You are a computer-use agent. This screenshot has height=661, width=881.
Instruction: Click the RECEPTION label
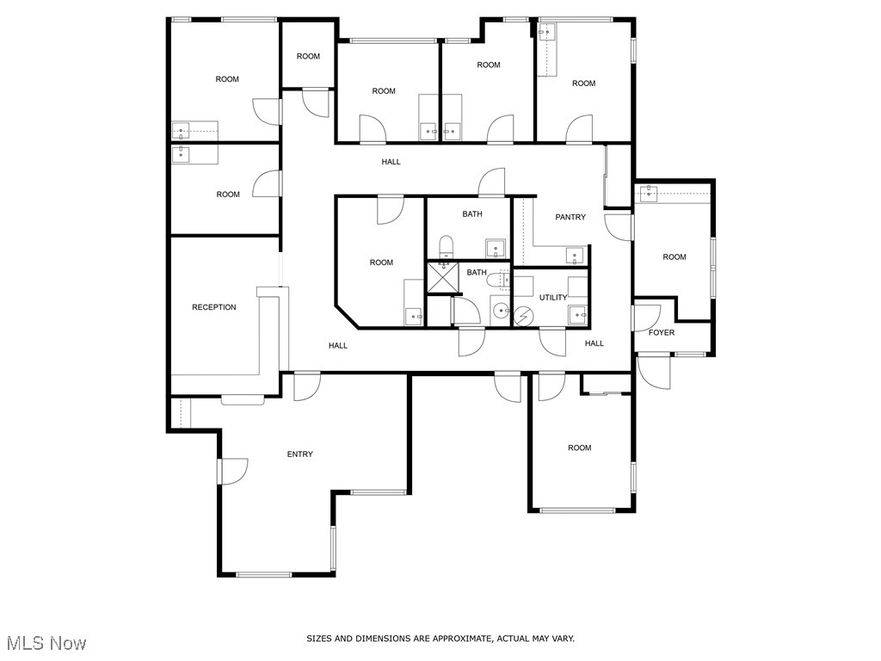tap(213, 307)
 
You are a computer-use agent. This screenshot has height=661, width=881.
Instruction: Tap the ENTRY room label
tap(300, 454)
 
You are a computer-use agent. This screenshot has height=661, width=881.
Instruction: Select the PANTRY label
tap(570, 217)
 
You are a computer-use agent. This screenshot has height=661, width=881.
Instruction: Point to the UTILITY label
tap(553, 298)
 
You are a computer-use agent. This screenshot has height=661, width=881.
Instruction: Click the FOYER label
tap(662, 332)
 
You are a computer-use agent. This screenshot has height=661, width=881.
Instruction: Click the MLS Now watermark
tap(46, 643)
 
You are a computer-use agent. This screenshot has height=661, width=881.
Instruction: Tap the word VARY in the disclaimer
tap(563, 639)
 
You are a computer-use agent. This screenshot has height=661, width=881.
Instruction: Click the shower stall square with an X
tap(445, 277)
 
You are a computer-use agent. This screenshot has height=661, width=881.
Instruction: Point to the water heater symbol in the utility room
tap(522, 316)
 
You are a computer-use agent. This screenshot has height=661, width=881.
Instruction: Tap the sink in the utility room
tap(577, 314)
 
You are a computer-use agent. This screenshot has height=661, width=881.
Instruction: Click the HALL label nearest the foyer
tap(595, 343)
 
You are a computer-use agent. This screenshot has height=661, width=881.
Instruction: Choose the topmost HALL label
tap(391, 162)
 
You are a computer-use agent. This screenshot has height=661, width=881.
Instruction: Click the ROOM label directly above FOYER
tap(675, 257)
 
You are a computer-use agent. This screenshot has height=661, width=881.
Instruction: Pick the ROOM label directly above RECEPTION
tap(228, 195)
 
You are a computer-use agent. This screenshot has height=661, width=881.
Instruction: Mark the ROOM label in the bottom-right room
tap(580, 448)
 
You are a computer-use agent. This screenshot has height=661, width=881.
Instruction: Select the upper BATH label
tap(472, 214)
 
